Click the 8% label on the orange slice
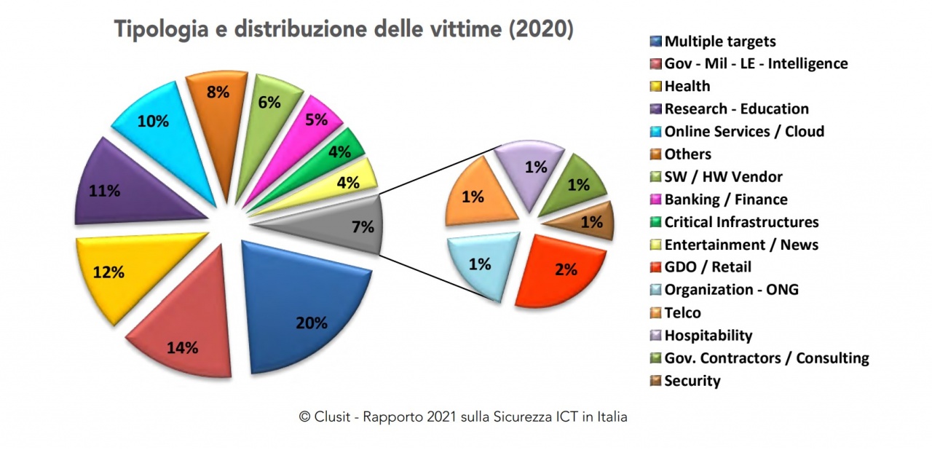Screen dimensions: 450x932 (218, 92)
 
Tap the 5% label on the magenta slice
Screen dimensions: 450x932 (316, 119)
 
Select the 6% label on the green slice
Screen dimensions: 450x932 (269, 103)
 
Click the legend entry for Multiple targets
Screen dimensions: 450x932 (719, 42)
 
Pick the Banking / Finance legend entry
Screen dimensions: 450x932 (725, 200)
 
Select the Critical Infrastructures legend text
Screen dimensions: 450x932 (741, 222)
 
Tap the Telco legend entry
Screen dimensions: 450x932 (682, 313)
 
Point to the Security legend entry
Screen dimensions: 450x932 (692, 381)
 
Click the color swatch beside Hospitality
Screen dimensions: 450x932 (655, 336)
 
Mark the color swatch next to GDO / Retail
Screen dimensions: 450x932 (655, 267)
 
